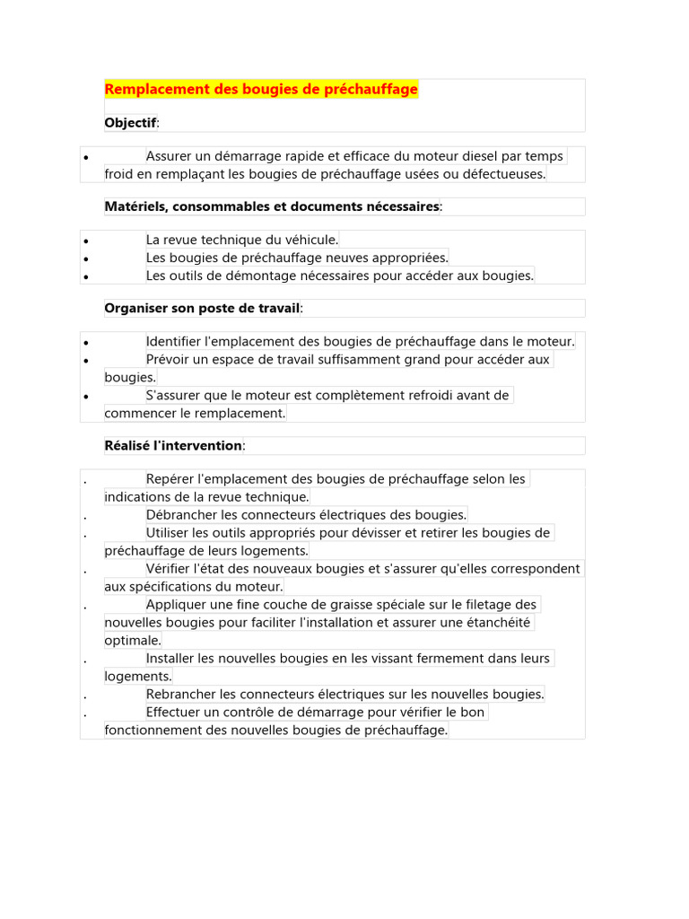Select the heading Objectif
(130, 122)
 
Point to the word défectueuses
(501, 174)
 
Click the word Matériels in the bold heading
(135, 206)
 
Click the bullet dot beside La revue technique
(85, 241)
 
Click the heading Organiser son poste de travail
(202, 308)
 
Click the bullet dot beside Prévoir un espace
(85, 361)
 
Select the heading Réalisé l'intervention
(173, 445)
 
